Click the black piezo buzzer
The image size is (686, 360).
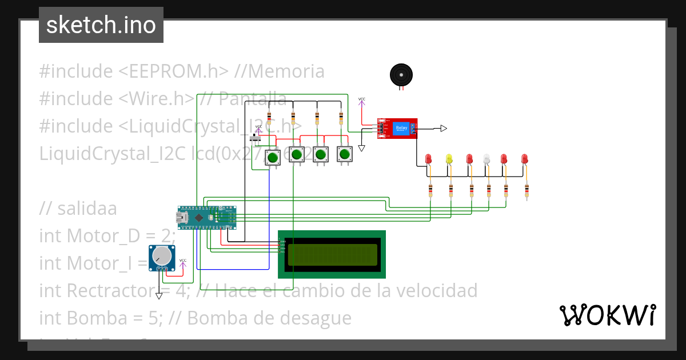coord(401,75)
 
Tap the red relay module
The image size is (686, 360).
coord(397,128)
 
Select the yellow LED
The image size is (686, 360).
coord(449,159)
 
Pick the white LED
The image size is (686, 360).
coord(486,159)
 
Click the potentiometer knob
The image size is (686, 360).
coord(163,257)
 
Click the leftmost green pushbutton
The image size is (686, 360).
coord(273,157)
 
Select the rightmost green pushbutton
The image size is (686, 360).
coord(345,154)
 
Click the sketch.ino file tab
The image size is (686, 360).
coord(101,25)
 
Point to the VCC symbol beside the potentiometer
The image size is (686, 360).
coord(183,262)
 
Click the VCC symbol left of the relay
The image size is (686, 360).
coord(362,101)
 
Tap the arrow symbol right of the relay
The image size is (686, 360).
coord(444,128)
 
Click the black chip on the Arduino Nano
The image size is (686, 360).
coord(198,218)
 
